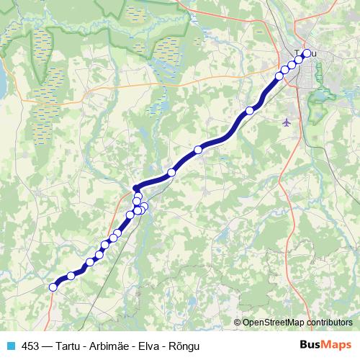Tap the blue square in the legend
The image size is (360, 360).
click(x=10, y=346)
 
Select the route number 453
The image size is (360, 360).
click(x=30, y=346)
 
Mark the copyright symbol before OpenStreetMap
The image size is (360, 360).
click(x=238, y=322)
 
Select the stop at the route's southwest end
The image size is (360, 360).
click(x=53, y=287)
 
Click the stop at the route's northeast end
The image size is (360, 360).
click(x=307, y=53)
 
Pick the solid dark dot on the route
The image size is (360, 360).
click(x=136, y=188)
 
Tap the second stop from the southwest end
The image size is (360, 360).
click(x=71, y=275)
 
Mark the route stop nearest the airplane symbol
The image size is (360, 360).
click(x=250, y=110)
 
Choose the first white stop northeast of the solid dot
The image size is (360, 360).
click(x=171, y=173)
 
